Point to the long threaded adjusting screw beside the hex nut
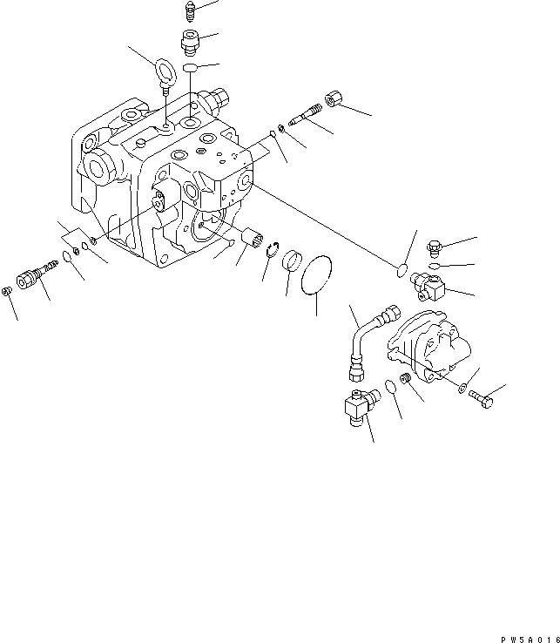pyautogui.click(x=302, y=119)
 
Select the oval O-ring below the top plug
pyautogui.click(x=192, y=67)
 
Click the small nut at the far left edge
pyautogui.click(x=8, y=291)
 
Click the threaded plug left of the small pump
pyautogui.click(x=404, y=381)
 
